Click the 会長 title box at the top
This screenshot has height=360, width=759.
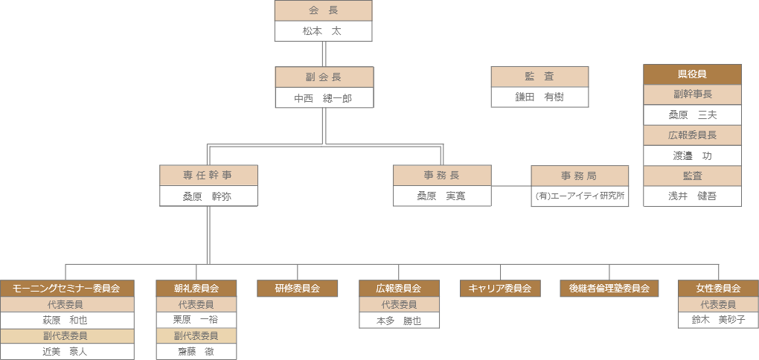[x=323, y=11]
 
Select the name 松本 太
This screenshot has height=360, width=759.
[x=323, y=31]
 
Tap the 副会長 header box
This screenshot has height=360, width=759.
[x=324, y=77]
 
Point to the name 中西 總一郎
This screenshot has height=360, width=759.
[x=324, y=97]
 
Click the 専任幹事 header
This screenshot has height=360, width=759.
[x=208, y=176]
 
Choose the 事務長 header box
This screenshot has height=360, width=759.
[x=442, y=176]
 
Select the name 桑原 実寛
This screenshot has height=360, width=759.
[x=442, y=196]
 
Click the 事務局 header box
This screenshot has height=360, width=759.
[x=580, y=176]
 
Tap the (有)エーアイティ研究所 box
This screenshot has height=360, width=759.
[x=580, y=196]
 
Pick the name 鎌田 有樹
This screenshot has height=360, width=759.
[x=539, y=97]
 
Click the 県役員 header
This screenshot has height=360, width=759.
[x=692, y=74]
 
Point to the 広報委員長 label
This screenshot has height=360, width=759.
[x=692, y=135]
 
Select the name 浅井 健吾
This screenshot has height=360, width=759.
[x=692, y=196]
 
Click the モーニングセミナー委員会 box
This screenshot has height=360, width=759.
[x=67, y=289]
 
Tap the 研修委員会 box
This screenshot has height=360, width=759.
[x=298, y=289]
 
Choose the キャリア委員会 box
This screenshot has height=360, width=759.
[x=500, y=289]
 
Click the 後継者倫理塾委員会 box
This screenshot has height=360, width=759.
[x=609, y=289]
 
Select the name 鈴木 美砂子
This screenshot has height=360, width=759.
[x=718, y=320]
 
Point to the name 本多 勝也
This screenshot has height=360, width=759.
[x=399, y=320]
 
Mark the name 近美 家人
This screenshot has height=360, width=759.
[x=67, y=351]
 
